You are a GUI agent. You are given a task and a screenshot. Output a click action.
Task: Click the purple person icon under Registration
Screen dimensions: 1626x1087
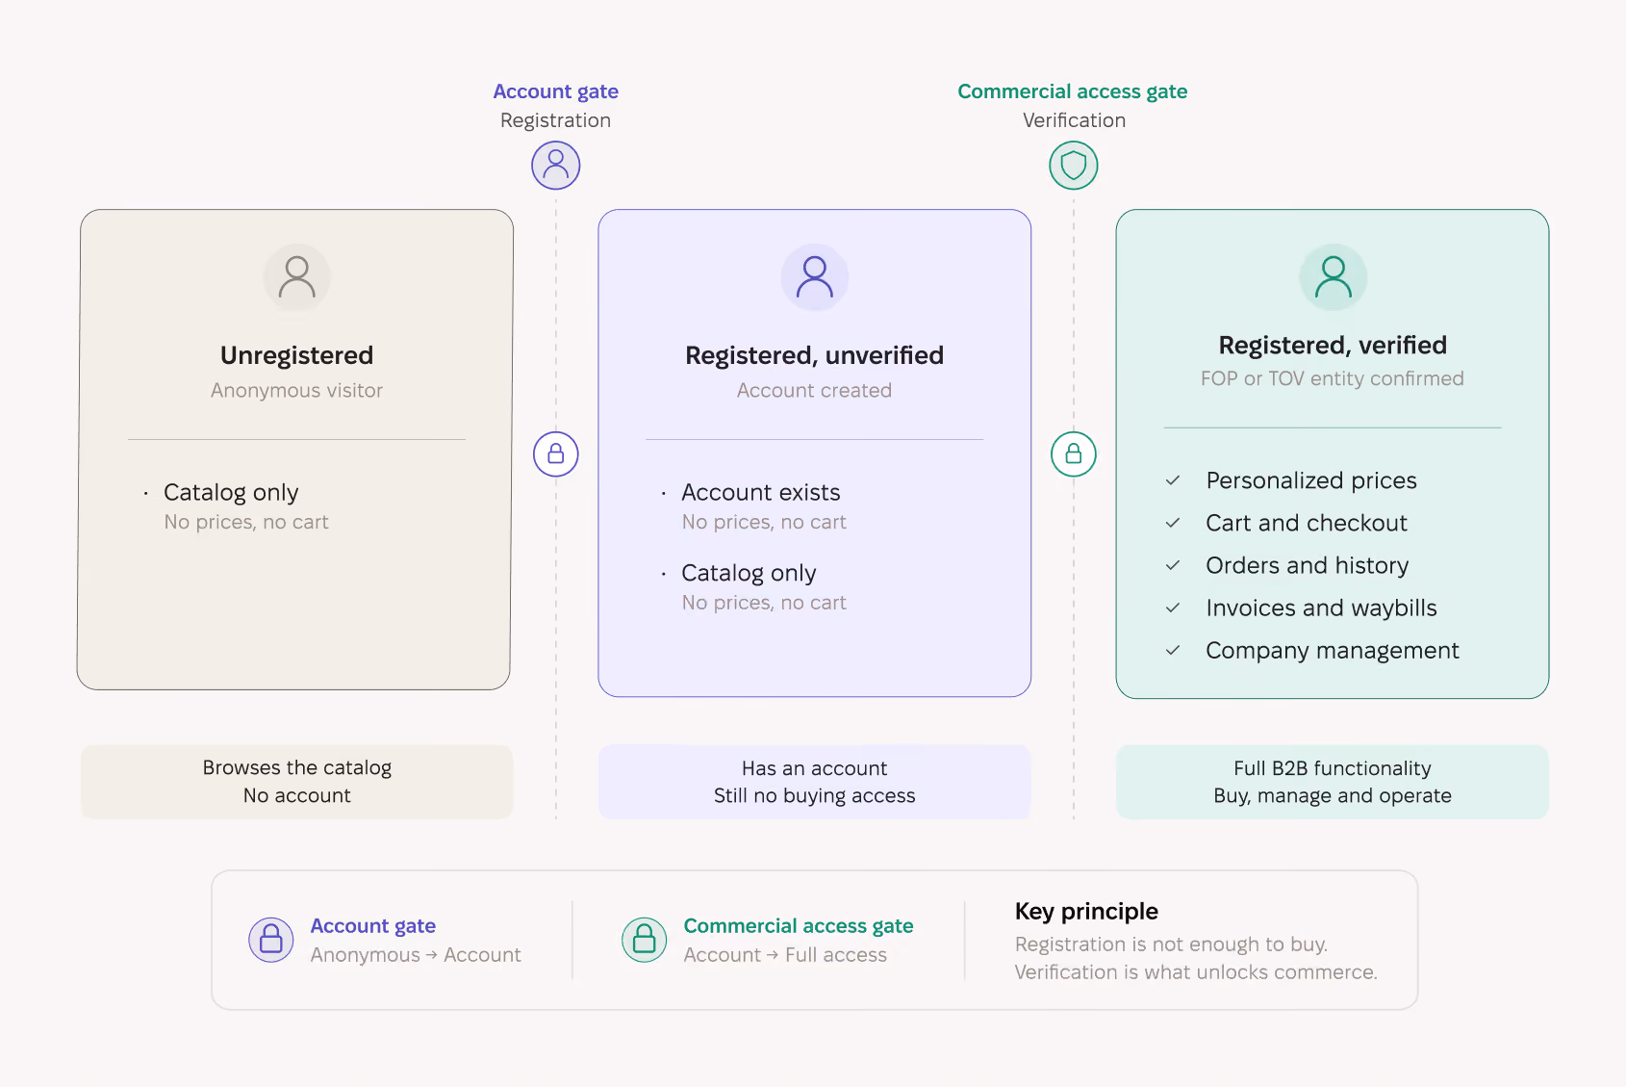point(555,165)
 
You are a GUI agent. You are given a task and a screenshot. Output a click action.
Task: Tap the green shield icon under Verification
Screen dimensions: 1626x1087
point(1073,165)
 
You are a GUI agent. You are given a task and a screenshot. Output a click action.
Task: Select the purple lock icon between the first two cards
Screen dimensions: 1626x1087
point(555,454)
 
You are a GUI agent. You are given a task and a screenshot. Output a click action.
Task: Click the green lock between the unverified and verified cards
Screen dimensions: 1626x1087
point(1073,454)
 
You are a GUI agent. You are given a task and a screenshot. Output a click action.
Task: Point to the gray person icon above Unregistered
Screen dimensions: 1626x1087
point(296,277)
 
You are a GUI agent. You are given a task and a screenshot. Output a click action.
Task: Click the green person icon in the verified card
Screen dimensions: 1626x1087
point(1332,277)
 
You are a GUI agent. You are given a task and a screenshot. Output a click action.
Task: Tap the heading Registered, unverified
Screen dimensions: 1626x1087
point(815,355)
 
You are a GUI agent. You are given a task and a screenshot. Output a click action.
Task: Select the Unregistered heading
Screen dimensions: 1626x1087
point(296,355)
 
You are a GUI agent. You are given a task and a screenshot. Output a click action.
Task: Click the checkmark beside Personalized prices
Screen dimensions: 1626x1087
point(1172,480)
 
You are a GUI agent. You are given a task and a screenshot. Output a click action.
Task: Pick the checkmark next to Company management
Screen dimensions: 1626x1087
point(1172,650)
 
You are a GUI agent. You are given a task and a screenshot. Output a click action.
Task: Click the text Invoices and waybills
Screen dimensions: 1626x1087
point(1321,608)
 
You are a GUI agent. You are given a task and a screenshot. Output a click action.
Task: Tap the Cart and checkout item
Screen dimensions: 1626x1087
point(1306,523)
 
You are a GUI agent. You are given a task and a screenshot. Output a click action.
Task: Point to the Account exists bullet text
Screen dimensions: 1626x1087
point(761,492)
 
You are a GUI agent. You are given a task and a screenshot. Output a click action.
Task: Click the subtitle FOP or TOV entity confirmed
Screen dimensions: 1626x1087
point(1332,378)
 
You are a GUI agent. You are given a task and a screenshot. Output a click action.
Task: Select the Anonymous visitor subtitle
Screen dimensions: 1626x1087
point(296,390)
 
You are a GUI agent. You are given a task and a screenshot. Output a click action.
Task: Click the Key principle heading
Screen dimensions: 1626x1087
point(1086,911)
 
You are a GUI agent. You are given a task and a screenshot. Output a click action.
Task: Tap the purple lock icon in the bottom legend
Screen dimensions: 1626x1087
point(270,940)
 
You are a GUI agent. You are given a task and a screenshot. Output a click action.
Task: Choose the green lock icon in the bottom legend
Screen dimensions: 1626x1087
point(644,940)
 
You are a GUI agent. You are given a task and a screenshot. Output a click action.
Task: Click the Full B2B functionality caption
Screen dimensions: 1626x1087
point(1332,768)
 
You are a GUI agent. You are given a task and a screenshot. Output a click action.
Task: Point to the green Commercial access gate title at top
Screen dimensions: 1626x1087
point(1072,91)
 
